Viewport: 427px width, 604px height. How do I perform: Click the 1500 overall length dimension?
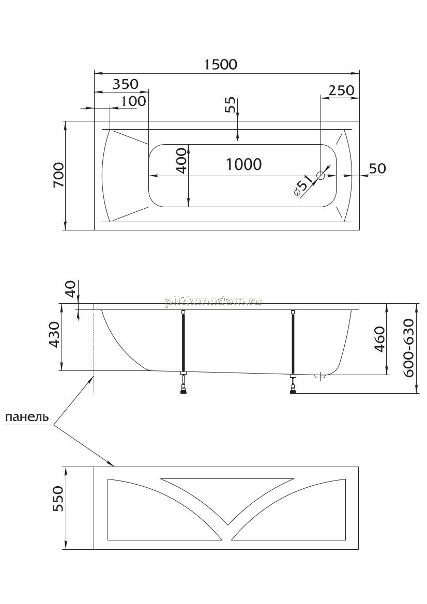[220, 64]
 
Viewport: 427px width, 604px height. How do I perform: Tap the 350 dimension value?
[126, 84]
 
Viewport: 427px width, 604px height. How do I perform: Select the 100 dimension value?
[134, 101]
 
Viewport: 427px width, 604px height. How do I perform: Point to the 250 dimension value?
[341, 90]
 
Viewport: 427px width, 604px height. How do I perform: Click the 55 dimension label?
[230, 104]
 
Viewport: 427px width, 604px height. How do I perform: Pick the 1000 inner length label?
[243, 164]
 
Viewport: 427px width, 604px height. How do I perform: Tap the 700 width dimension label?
[58, 175]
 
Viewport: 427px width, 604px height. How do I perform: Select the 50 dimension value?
[377, 168]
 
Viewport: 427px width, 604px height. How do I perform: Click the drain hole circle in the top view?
[321, 176]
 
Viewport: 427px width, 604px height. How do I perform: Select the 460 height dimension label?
[379, 339]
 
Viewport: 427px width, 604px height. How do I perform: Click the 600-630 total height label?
[409, 348]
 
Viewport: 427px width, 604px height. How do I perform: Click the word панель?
[27, 417]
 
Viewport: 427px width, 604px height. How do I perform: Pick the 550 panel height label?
[57, 499]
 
